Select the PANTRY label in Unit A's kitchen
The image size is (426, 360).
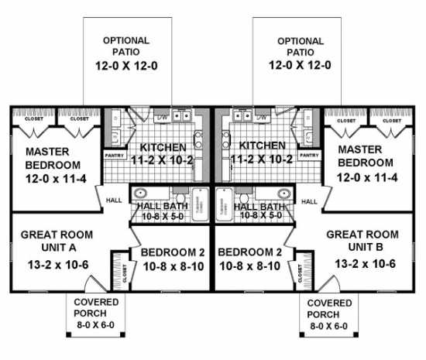(114, 155)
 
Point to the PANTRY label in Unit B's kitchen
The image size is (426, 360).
(310, 155)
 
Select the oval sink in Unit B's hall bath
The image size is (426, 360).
(283, 193)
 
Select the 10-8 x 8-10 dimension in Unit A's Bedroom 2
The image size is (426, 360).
(172, 268)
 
